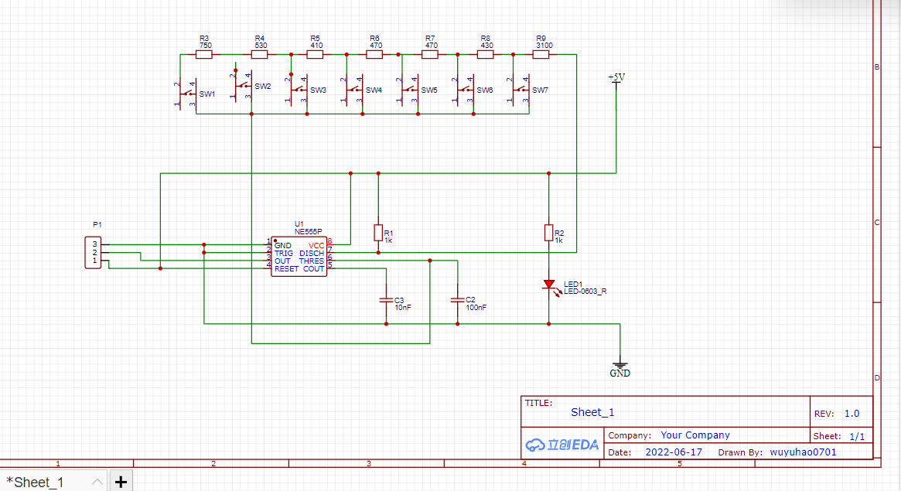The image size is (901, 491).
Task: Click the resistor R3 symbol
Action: coord(204,55)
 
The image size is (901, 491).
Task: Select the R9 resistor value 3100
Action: coord(543,46)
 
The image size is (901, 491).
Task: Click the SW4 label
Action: coord(374,90)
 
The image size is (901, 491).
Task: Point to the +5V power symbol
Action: coord(616,78)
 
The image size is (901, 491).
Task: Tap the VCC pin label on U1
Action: coord(316,246)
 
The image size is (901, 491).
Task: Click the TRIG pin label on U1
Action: coord(284,254)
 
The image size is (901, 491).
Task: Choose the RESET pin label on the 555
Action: coord(286,269)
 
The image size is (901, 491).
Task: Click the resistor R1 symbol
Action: coord(378,233)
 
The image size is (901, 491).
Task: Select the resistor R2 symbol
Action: coord(548,233)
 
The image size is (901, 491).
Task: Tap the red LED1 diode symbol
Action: coord(548,285)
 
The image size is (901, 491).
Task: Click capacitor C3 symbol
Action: coord(386,298)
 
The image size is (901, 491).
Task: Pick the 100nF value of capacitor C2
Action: coord(476,308)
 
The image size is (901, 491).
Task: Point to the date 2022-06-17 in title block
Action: coord(674,452)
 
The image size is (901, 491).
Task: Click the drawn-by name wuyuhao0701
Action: coord(803,452)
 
